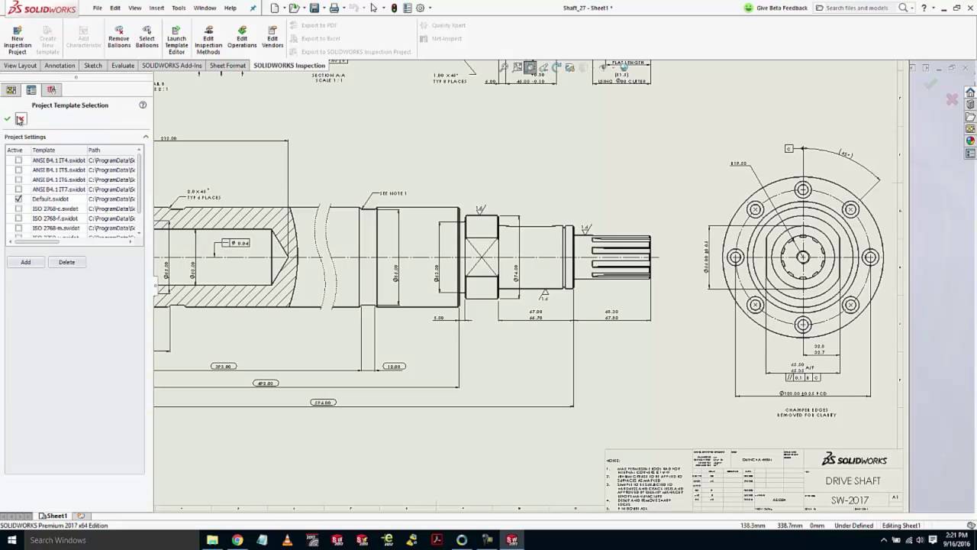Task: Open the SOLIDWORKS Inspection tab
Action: click(x=289, y=66)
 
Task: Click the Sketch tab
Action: click(x=92, y=66)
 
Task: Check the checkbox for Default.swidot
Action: click(x=19, y=199)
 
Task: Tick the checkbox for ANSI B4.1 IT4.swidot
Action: click(x=19, y=160)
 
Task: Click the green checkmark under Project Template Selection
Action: click(x=8, y=119)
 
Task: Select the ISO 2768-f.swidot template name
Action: click(x=55, y=218)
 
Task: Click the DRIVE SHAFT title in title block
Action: click(x=853, y=481)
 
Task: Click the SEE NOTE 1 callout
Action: click(x=393, y=194)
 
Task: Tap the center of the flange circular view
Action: click(x=803, y=257)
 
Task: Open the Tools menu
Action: click(x=179, y=8)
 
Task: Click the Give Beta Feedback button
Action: click(x=776, y=8)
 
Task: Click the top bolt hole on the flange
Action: click(x=803, y=189)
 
